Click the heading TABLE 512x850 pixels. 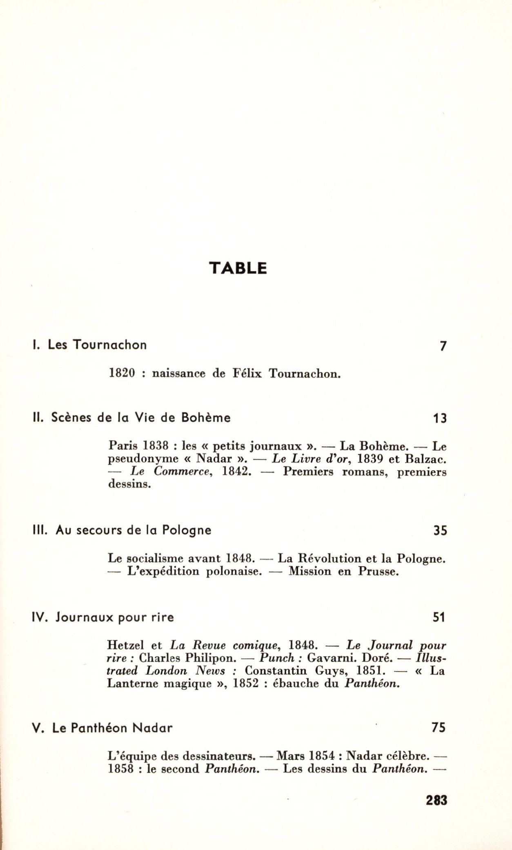[x=238, y=268]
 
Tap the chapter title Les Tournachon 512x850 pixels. [x=97, y=345]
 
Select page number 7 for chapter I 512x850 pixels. [x=443, y=346]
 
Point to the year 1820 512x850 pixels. [x=122, y=373]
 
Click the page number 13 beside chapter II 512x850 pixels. [x=440, y=418]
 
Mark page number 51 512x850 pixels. [x=439, y=618]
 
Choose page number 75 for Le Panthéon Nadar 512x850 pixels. [x=439, y=728]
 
